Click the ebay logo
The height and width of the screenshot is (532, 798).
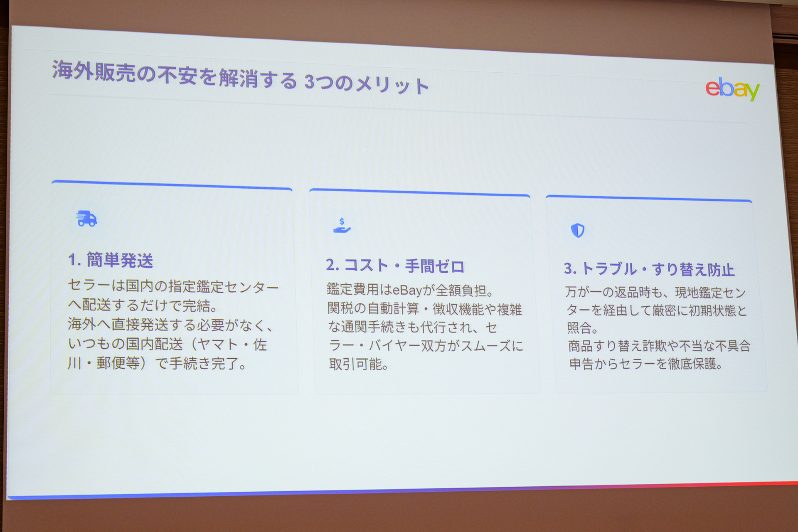pyautogui.click(x=732, y=88)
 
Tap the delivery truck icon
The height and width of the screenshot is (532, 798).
pyautogui.click(x=86, y=219)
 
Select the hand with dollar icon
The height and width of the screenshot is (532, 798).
pyautogui.click(x=342, y=225)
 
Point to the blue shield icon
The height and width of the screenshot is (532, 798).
pyautogui.click(x=578, y=230)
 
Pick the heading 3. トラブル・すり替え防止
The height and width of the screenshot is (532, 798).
pyautogui.click(x=649, y=269)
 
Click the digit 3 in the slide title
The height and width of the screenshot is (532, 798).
pyautogui.click(x=309, y=82)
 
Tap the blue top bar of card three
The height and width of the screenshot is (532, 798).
pyautogui.click(x=649, y=198)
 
